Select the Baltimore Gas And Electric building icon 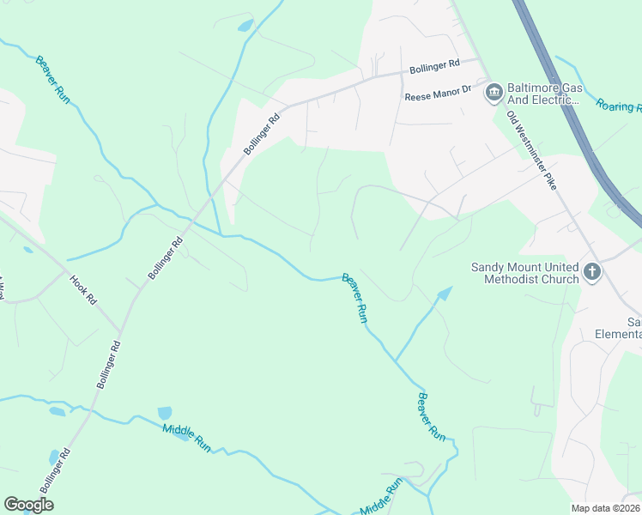494,93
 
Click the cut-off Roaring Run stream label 619,106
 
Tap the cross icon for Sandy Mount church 591,273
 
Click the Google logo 28,504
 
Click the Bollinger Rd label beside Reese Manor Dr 434,65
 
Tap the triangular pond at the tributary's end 443,294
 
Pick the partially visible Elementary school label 633,328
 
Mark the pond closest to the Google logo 54,456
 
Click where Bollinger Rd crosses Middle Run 86,415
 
